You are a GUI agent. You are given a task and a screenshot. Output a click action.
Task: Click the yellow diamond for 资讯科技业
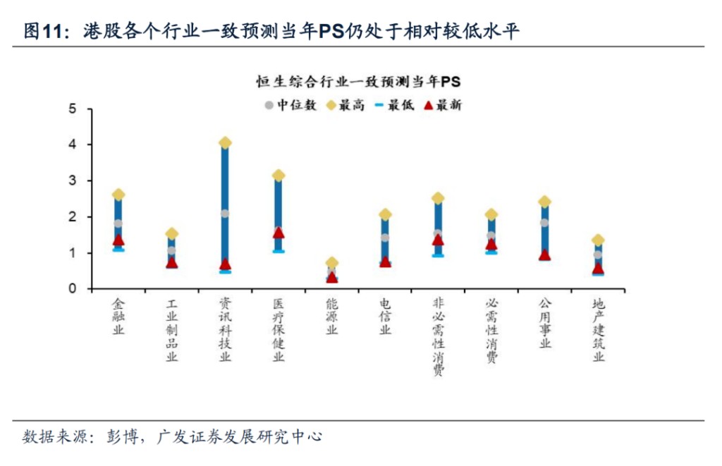coord(225,143)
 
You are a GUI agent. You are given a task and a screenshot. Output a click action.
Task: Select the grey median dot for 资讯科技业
coord(225,213)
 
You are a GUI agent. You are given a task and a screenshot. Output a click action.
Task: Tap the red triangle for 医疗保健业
coord(279,233)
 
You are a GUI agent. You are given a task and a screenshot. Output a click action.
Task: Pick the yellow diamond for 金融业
coord(118,195)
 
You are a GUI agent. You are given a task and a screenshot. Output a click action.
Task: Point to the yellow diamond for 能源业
coord(332,263)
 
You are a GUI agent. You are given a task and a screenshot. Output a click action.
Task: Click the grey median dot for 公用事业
coord(544,223)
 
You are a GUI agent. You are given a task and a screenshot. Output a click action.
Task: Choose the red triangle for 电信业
coord(385,262)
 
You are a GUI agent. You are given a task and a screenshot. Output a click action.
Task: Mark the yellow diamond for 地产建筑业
coord(598,240)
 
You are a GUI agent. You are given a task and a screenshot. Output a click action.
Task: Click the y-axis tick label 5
coord(72,109)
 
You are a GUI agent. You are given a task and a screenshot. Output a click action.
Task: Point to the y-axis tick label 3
coord(72,181)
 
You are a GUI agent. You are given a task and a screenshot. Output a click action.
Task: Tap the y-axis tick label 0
coord(72,289)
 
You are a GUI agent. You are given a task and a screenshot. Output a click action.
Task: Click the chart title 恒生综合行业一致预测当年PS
coord(357,82)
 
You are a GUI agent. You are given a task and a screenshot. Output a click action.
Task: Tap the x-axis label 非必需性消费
coord(438,336)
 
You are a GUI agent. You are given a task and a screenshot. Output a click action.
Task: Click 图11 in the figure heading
coord(43,31)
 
